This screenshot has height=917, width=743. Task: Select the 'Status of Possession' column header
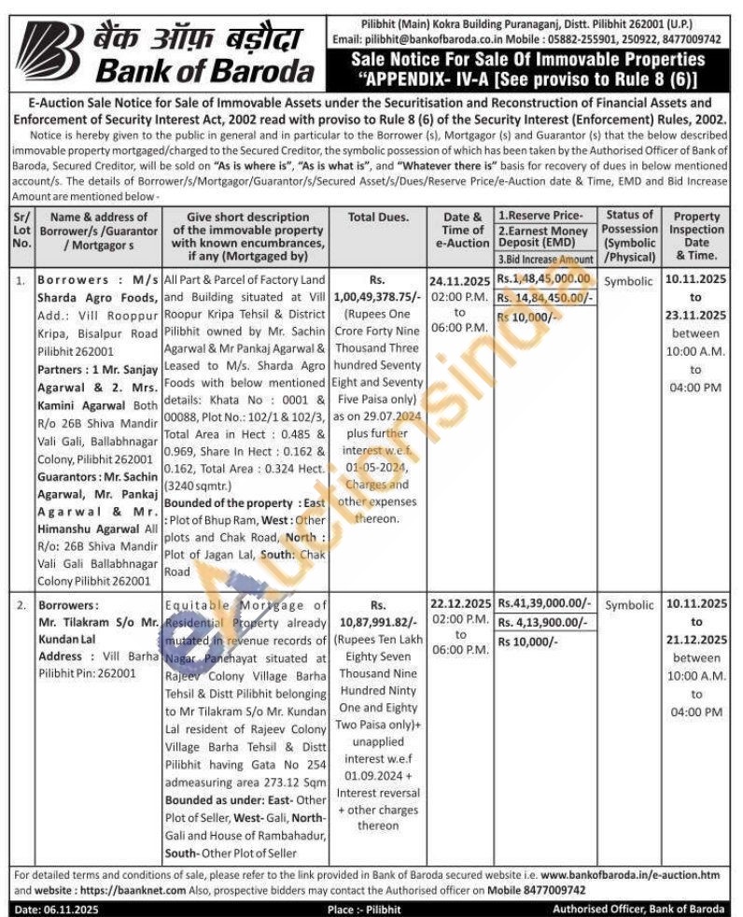(629, 235)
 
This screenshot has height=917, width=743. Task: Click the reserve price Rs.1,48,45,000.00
(544, 278)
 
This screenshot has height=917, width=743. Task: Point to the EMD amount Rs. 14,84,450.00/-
(545, 297)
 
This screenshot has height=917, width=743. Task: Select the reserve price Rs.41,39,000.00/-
(545, 604)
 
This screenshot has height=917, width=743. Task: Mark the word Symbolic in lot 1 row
(629, 281)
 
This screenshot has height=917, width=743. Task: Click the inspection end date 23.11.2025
(695, 315)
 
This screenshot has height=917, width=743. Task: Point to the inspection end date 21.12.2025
(695, 640)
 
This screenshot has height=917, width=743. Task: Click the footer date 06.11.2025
(70, 909)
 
